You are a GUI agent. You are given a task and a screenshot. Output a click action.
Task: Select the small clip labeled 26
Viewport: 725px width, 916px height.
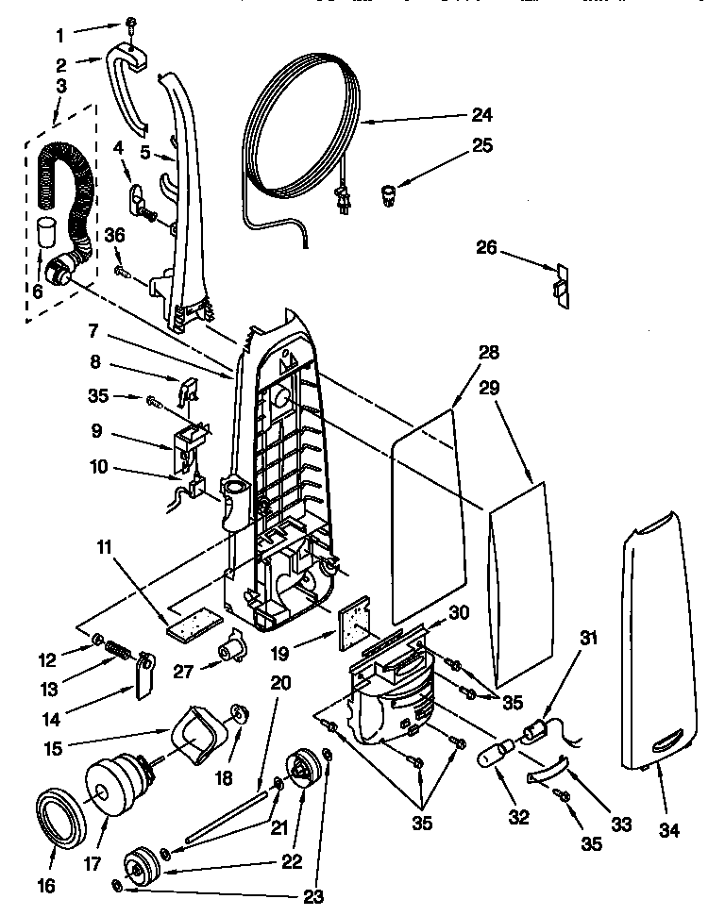(561, 284)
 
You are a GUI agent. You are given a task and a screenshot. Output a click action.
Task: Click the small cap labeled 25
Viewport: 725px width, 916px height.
(388, 196)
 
